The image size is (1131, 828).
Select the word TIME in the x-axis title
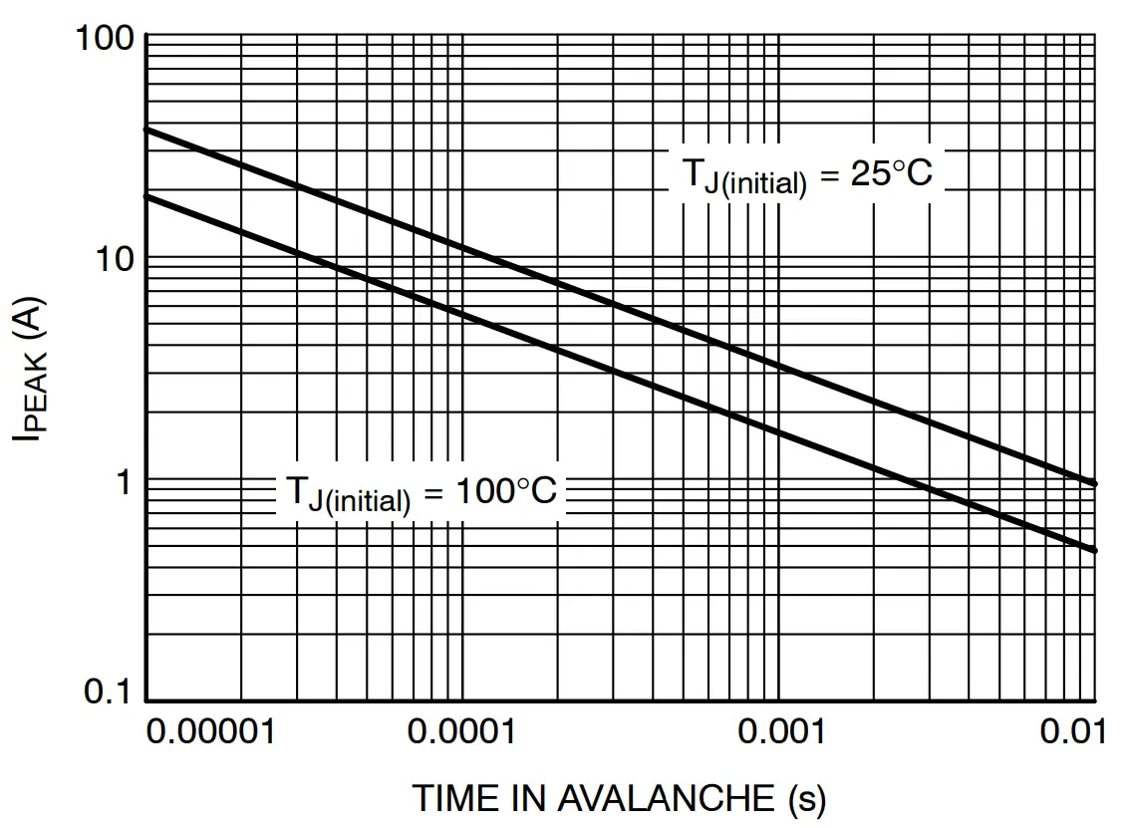tap(450, 798)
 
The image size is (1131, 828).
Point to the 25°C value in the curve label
tap(889, 173)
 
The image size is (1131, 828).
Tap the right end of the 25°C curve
tap(1095, 483)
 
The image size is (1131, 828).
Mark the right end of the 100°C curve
tap(1095, 550)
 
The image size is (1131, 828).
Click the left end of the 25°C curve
tap(147, 129)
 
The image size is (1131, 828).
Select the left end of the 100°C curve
tap(147, 195)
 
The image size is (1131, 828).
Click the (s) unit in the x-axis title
tap(807, 798)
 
